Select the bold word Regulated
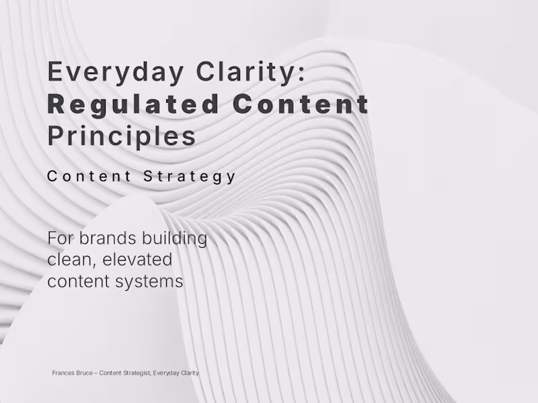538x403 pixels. [x=133, y=104]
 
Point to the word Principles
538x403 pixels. [x=122, y=136]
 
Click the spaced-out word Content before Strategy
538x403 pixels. [x=89, y=177]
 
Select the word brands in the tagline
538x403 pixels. [x=105, y=238]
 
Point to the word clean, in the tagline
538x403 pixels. [x=71, y=259]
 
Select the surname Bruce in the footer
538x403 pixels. [x=85, y=373]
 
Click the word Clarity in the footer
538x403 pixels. [x=189, y=373]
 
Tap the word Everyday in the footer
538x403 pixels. [x=165, y=373]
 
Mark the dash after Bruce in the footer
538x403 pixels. [x=97, y=373]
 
